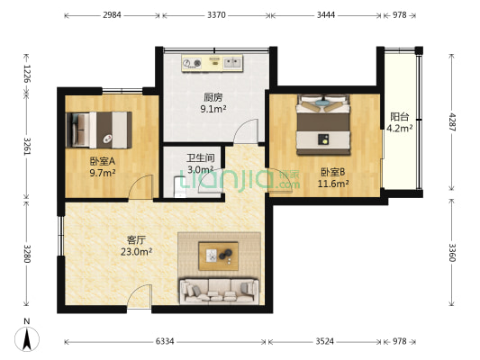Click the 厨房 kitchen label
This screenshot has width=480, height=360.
213,97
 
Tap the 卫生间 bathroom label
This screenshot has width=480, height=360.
200,157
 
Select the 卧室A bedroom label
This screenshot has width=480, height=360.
101,161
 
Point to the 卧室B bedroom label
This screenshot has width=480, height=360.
331,172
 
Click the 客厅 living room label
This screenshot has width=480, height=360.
136,240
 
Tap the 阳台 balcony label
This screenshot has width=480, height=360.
399,116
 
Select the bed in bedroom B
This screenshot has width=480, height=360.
323,125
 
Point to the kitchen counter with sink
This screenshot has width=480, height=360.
212,63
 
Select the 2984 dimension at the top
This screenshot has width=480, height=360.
113,15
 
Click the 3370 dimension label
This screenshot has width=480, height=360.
216,15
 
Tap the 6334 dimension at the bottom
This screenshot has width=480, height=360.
165,342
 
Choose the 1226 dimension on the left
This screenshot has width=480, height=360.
27,73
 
